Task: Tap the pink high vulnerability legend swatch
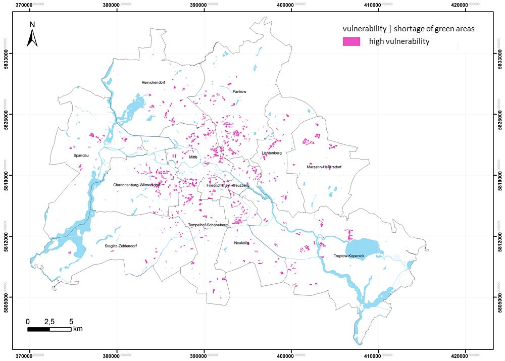351,41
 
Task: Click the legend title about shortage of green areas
408,29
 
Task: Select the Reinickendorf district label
154,82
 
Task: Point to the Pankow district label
239,91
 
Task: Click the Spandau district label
81,156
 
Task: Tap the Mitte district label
193,157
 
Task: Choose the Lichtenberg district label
272,153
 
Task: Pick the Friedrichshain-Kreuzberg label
228,185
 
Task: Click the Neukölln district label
242,243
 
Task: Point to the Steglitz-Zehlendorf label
121,246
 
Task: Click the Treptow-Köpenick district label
349,256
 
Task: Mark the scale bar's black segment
38,329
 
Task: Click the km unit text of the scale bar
77,329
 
